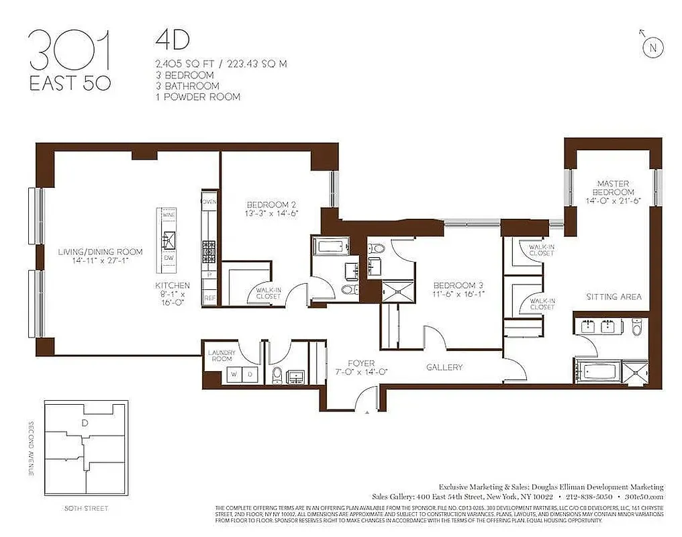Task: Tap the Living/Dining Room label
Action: tap(100, 252)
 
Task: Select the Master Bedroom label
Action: tap(616, 187)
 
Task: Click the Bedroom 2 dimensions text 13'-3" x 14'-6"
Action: tap(271, 213)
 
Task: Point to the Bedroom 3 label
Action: tap(458, 285)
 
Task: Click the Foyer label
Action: tap(361, 363)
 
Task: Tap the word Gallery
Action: tap(444, 367)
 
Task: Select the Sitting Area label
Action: tap(614, 296)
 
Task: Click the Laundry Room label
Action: tap(221, 355)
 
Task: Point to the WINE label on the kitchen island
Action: tap(168, 215)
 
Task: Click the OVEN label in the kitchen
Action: tap(209, 201)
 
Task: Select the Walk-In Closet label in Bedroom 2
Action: tap(269, 293)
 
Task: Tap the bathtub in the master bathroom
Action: tap(597, 371)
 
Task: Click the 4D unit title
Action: tap(166, 40)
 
